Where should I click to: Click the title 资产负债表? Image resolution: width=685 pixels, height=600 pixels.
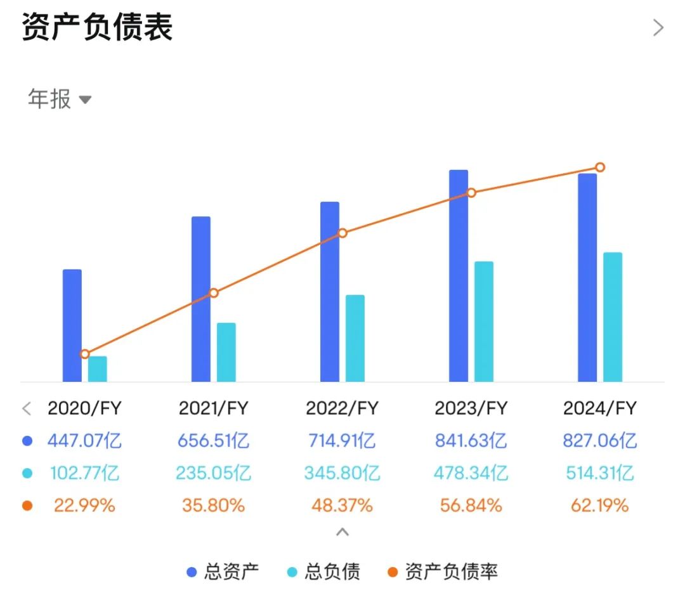98,28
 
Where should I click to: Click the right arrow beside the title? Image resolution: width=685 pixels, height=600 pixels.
658,28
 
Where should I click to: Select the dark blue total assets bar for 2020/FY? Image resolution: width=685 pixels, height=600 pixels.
72,325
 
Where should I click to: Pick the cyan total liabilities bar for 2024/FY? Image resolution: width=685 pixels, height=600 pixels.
613,317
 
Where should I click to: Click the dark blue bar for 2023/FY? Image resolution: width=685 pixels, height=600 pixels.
459,276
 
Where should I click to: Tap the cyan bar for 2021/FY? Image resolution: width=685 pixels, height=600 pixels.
226,352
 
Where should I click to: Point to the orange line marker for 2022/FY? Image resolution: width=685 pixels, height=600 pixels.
342,233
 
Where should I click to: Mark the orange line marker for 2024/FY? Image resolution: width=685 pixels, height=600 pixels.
600,167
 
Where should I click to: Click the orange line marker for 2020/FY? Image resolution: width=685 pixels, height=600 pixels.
85,354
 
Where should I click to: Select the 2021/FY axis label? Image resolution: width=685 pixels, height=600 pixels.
214,408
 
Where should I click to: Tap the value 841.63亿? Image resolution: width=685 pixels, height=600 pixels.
471,441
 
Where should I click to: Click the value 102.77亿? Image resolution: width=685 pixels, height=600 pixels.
84,473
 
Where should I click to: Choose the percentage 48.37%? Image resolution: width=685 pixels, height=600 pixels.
342,505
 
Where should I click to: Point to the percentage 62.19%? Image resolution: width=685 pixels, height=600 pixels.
600,505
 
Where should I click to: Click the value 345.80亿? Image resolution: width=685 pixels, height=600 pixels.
342,473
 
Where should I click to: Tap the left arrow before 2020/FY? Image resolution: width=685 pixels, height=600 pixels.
27,408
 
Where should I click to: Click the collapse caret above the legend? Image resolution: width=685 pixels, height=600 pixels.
342,532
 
